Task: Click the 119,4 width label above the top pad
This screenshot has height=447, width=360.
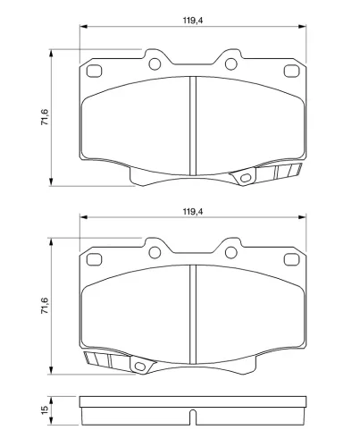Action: (x=193, y=21)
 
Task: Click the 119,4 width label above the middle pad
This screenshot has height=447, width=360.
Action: (x=193, y=212)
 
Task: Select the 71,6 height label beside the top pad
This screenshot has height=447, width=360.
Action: (x=45, y=117)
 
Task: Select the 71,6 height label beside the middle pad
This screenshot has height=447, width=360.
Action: (x=45, y=306)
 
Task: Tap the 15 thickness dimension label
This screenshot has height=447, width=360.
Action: (x=45, y=410)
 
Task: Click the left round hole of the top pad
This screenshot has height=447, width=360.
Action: (x=155, y=63)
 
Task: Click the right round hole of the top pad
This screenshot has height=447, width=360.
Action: (x=230, y=63)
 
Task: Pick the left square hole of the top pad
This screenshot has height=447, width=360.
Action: (x=94, y=71)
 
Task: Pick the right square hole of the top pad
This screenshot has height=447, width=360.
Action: (x=291, y=71)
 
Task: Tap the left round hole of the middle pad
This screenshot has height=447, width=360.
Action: (x=155, y=252)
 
